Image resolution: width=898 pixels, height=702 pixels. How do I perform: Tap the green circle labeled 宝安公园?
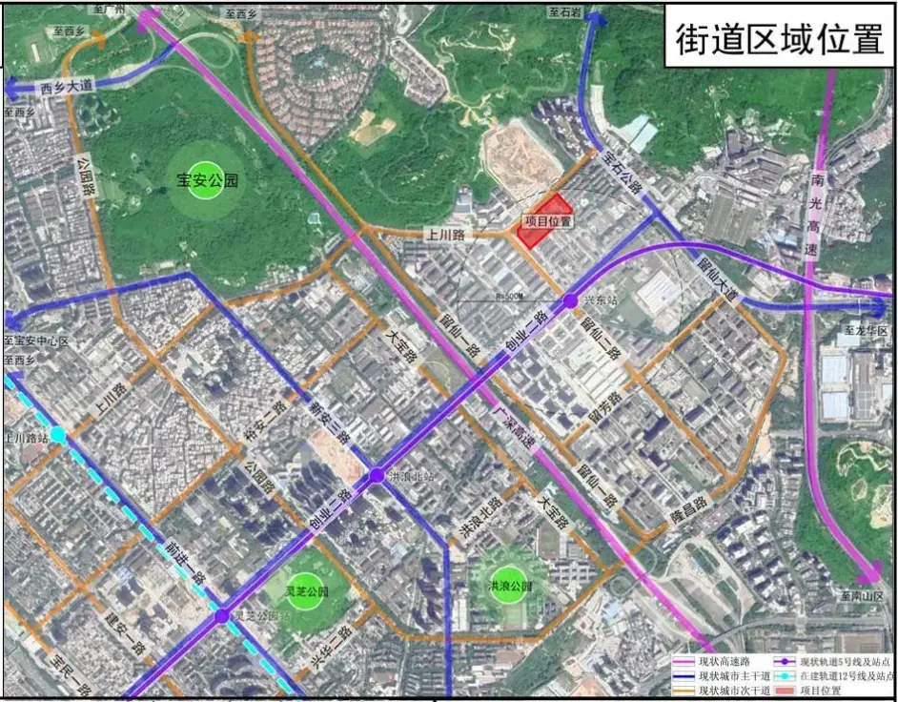pyautogui.click(x=207, y=181)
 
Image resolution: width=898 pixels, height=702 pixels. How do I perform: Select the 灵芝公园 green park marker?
pyautogui.click(x=307, y=591)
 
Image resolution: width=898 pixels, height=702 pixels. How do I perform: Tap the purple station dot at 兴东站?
pyautogui.click(x=570, y=301)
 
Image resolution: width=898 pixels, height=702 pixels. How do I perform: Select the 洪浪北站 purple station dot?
pyautogui.click(x=377, y=475)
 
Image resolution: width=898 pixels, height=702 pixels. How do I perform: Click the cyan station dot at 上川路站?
pyautogui.click(x=59, y=435)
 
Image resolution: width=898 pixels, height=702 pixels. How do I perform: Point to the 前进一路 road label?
pyautogui.click(x=176, y=561)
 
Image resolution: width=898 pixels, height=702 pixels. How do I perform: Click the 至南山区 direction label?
pyautogui.click(x=862, y=597)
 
